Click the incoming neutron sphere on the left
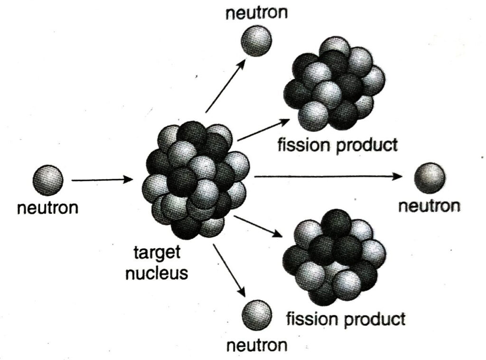pos(48,180)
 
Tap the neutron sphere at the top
pos(256,41)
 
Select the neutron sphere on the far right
pos(430,178)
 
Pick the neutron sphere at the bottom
pos(257,315)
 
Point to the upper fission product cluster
pos(335,84)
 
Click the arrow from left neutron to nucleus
pos(103,179)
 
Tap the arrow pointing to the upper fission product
pos(263,130)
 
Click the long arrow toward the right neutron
pos(328,176)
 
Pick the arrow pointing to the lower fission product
pos(258,226)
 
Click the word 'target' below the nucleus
pos(157,252)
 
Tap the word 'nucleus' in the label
pos(157,273)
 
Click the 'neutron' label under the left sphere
pos(47,208)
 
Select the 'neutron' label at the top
pos(257,13)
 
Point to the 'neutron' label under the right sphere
pos(429,206)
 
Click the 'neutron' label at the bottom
pos(257,345)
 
